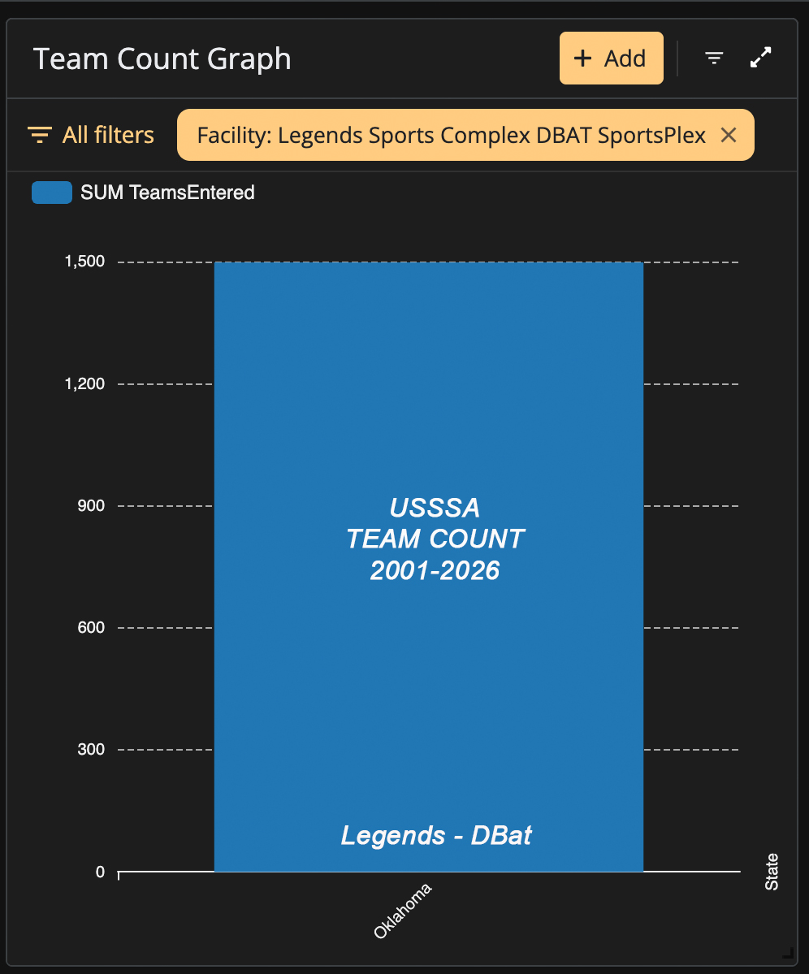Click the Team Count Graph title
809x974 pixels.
tap(162, 59)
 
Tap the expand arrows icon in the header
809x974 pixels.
tap(760, 58)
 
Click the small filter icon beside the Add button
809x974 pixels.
tap(714, 58)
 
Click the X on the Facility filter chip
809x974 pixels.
tap(729, 135)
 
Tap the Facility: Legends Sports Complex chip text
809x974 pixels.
tap(452, 136)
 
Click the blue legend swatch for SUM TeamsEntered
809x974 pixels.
tap(52, 193)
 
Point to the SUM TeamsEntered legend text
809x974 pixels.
tap(167, 193)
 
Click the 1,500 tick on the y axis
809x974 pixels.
tap(85, 262)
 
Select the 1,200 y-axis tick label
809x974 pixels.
tap(85, 384)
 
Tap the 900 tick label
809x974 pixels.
tap(91, 505)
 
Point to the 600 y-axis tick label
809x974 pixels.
tap(91, 627)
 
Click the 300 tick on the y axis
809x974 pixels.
tap(91, 749)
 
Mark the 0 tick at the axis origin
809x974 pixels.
tap(100, 872)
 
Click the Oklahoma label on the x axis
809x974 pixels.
tap(402, 911)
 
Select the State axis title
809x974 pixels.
tap(771, 872)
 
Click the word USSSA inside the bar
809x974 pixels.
tap(435, 508)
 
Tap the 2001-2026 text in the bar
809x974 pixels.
tap(435, 571)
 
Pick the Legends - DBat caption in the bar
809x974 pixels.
tap(436, 835)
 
